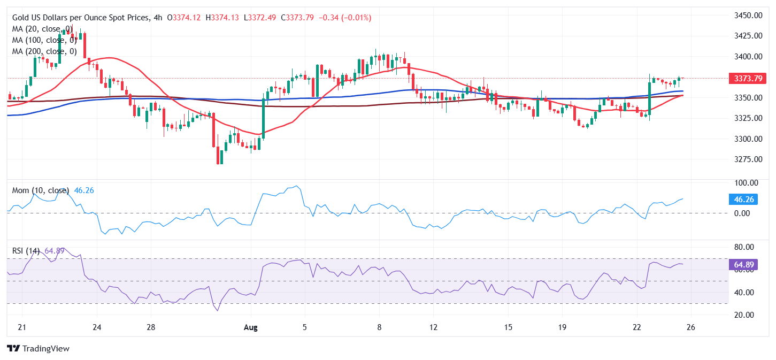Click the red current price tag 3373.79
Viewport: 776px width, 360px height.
pos(747,79)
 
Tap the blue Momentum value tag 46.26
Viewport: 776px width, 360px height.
pos(743,200)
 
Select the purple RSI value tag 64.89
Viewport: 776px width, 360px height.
pos(743,264)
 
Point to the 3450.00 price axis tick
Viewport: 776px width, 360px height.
pos(747,16)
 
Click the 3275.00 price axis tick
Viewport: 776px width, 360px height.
pos(747,159)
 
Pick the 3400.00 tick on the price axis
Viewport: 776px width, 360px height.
pos(747,57)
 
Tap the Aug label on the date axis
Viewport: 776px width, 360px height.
pos(251,327)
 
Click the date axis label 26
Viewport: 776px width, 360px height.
pos(690,327)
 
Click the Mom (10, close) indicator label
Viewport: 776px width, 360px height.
pos(41,190)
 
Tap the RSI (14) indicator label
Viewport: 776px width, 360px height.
pos(26,251)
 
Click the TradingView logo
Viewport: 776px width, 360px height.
pos(38,348)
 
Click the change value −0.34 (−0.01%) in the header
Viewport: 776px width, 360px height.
pos(344,18)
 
